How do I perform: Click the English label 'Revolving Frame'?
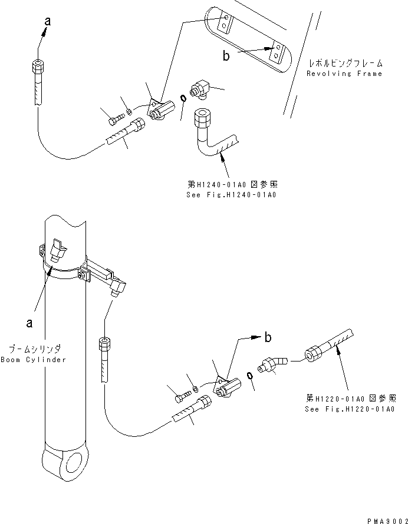pos(344,74)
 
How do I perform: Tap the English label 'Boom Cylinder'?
pos(34,360)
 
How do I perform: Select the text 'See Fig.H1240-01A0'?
pos(231,195)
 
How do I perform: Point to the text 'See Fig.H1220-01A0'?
pos(350,409)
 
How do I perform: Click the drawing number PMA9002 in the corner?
pos(387,521)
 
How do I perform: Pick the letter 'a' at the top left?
pos(48,21)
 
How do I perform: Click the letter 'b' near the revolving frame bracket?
pos(226,56)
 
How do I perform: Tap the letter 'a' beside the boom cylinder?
pos(30,323)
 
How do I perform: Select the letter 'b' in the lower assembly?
pos(268,337)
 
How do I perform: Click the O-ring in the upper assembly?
pos(183,98)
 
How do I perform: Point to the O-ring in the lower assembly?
pos(249,375)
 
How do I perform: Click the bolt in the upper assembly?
pos(117,118)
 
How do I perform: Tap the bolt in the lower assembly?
pos(183,396)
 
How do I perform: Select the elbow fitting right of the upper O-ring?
pos(199,89)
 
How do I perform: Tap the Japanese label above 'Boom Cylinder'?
pos(35,350)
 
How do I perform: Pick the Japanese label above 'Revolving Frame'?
pos(345,63)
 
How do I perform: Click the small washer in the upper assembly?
pos(129,111)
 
